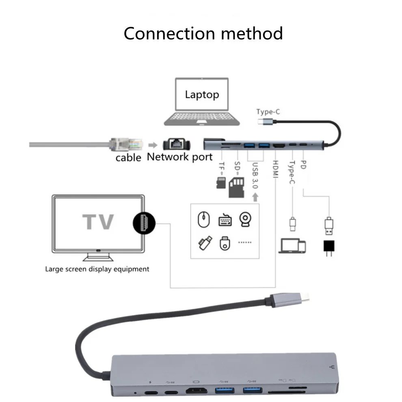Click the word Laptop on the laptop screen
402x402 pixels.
[x=202, y=95]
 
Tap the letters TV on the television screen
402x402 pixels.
[x=98, y=222]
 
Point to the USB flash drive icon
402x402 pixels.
[x=204, y=242]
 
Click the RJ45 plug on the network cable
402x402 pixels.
[x=126, y=144]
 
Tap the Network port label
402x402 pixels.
[x=179, y=157]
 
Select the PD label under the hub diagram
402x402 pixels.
[x=303, y=165]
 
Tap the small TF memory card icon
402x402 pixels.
[x=221, y=183]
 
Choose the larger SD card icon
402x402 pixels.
[x=236, y=186]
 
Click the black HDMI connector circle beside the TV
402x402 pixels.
[x=144, y=223]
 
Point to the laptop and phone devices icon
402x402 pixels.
[x=292, y=246]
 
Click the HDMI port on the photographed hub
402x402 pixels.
[x=197, y=391]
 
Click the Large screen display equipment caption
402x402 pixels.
[x=97, y=269]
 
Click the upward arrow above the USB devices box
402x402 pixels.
[x=255, y=197]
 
